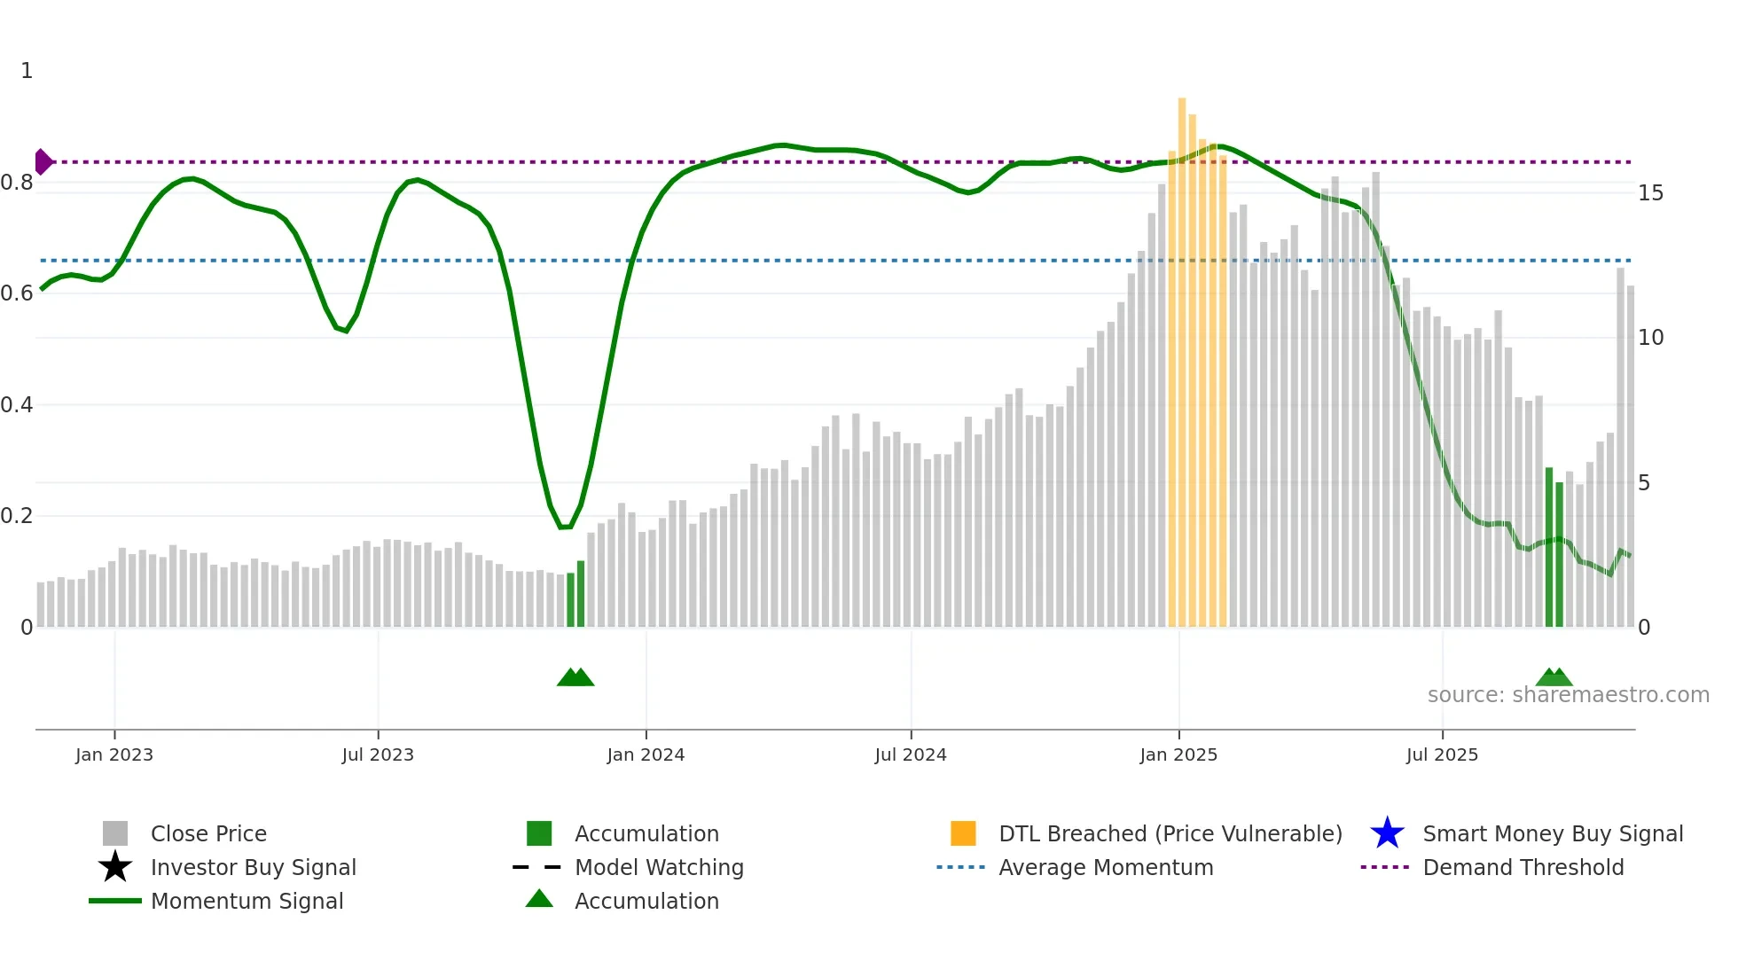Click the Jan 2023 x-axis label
pyautogui.click(x=114, y=754)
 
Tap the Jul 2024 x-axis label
pyautogui.click(x=911, y=754)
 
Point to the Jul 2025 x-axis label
pyautogui.click(x=1442, y=754)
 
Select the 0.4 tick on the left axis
pyautogui.click(x=17, y=405)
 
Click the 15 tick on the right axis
pyautogui.click(x=1650, y=193)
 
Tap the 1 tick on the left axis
pyautogui.click(x=27, y=71)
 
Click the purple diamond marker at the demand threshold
pyautogui.click(x=43, y=162)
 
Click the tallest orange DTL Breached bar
pyautogui.click(x=1182, y=355)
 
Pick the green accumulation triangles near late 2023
pyautogui.click(x=575, y=677)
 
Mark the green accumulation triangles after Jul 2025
pyautogui.click(x=1554, y=677)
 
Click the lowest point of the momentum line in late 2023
pyautogui.click(x=564, y=527)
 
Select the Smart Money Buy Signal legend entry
pyautogui.click(x=1552, y=834)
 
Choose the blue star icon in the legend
pyautogui.click(x=1387, y=833)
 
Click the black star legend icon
pyautogui.click(x=115, y=867)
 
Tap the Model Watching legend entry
pyautogui.click(x=659, y=868)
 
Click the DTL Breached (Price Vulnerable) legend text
pyautogui.click(x=1170, y=834)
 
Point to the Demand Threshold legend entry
pyautogui.click(x=1523, y=868)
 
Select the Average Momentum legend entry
pyautogui.click(x=1105, y=868)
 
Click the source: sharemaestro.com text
pyautogui.click(x=1568, y=695)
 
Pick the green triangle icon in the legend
pyautogui.click(x=539, y=900)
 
